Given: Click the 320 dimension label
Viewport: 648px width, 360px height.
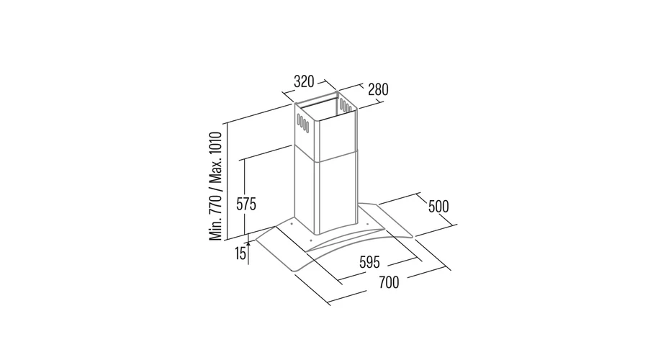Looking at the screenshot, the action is [304, 81].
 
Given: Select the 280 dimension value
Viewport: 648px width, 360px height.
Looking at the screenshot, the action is [378, 89].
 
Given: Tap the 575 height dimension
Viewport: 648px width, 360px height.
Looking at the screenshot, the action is [246, 204].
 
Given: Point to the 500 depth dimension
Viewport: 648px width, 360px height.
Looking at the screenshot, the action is [438, 206].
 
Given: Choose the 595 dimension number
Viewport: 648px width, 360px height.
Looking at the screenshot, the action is [369, 262].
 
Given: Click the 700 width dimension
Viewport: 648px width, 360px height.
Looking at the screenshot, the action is [389, 283].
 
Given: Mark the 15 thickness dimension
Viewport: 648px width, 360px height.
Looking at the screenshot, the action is [240, 253].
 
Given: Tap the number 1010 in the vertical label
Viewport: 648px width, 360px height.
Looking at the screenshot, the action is [216, 143].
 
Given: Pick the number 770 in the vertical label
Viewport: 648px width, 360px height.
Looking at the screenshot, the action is [216, 203].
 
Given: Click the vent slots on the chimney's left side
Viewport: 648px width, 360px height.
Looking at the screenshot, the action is [303, 123].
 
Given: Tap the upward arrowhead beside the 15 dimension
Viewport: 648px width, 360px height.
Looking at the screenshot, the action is [248, 245].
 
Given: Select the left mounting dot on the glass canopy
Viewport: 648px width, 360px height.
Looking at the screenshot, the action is [292, 225].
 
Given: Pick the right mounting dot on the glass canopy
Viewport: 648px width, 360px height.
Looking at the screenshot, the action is [366, 225].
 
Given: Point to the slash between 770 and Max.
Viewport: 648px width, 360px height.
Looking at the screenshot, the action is [216, 189].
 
